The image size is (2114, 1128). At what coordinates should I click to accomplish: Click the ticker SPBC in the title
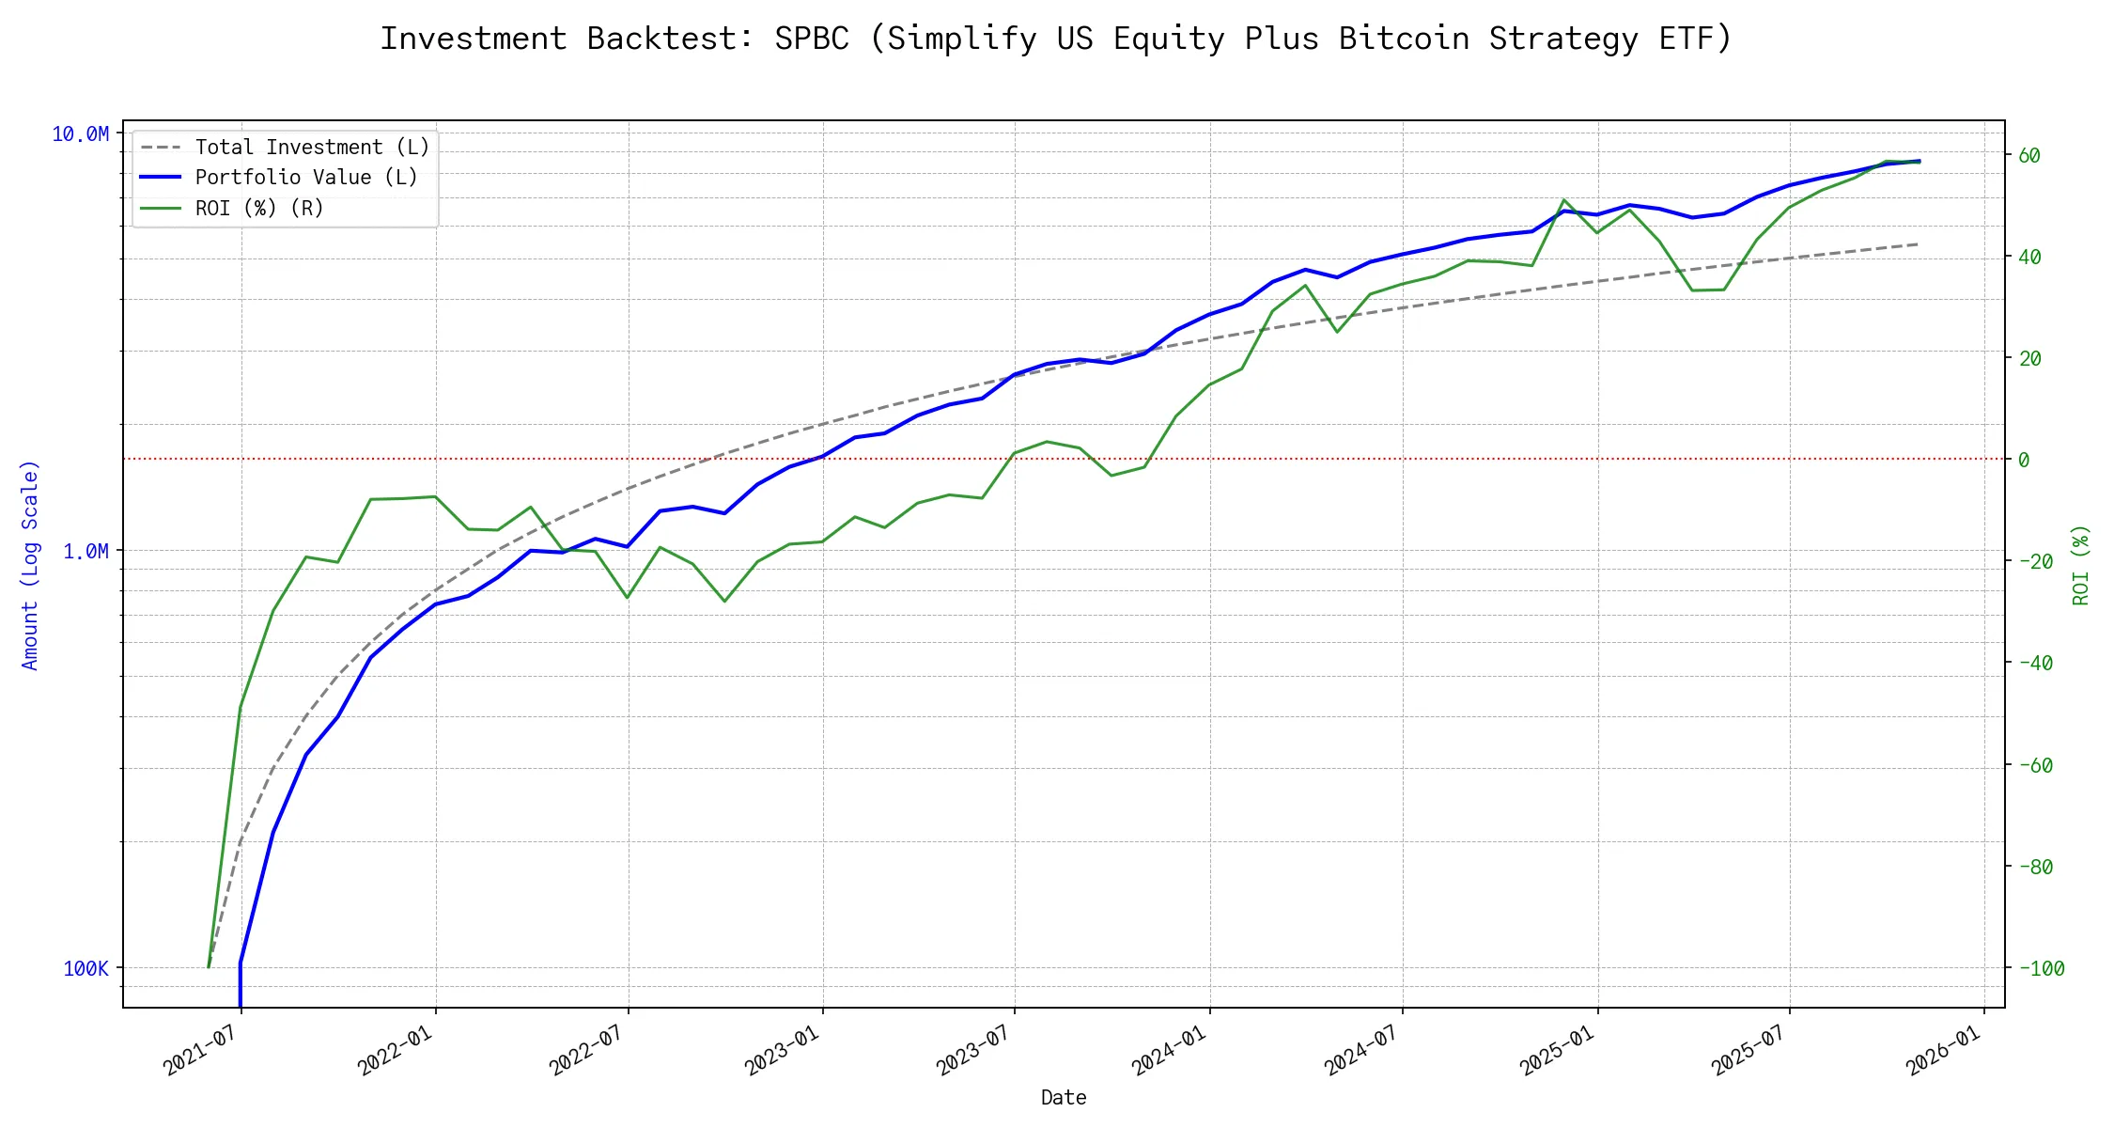(x=812, y=39)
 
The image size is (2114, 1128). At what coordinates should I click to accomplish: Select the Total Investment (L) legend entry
(x=311, y=148)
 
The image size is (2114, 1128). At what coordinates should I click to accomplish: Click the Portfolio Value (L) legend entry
(x=305, y=178)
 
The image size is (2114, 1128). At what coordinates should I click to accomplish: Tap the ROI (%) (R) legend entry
(x=258, y=209)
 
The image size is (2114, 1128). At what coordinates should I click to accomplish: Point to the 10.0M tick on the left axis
(x=80, y=134)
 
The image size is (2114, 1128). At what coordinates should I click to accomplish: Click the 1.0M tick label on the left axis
(x=85, y=551)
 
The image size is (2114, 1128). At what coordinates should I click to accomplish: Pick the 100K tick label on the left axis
(x=85, y=968)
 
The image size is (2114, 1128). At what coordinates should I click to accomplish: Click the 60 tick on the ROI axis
(x=2029, y=155)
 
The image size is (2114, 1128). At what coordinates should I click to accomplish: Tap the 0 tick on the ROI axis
(x=2024, y=460)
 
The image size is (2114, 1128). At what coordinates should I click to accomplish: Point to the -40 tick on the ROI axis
(x=2035, y=663)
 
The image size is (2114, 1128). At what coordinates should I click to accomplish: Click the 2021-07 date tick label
(x=202, y=1051)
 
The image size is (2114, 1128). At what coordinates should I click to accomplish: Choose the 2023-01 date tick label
(x=784, y=1051)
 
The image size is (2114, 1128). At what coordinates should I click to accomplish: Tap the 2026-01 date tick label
(x=1945, y=1051)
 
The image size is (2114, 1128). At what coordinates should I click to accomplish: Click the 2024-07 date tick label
(x=1363, y=1051)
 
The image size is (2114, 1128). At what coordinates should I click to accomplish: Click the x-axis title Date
(x=1064, y=1098)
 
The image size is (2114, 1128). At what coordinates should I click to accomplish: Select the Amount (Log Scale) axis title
(x=30, y=564)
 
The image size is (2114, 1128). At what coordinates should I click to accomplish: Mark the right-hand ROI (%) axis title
(x=2081, y=564)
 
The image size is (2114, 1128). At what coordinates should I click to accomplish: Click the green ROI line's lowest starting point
(x=209, y=966)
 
